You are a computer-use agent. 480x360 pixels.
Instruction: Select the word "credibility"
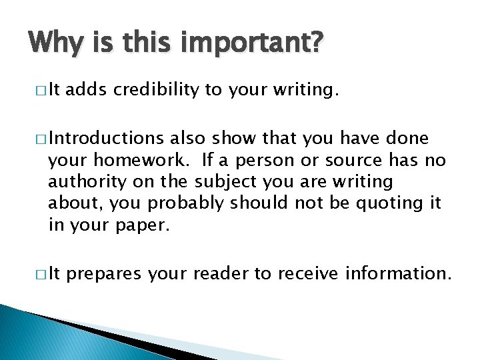pyautogui.click(x=156, y=89)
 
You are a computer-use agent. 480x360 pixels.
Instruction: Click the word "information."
pyautogui.click(x=396, y=273)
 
